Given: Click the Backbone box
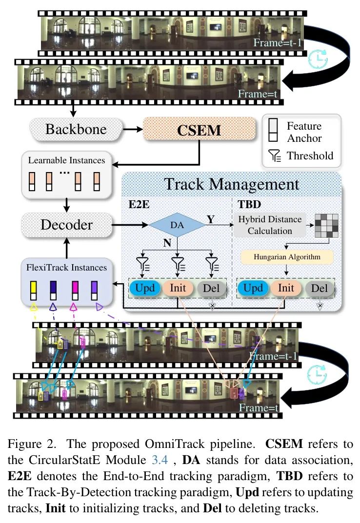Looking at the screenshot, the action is pyautogui.click(x=76, y=129).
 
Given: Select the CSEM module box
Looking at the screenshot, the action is pyautogui.click(x=200, y=130).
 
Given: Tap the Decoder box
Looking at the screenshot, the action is pyautogui.click(x=67, y=225).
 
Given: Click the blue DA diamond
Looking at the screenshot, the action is pyautogui.click(x=177, y=225).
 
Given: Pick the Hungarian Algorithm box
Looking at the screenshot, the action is pyautogui.click(x=287, y=257).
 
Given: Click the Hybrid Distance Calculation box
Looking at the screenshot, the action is pyautogui.click(x=270, y=225).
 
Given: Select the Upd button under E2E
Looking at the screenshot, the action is pyautogui.click(x=145, y=288).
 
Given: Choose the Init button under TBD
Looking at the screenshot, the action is pyautogui.click(x=286, y=288).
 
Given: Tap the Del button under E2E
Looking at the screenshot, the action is pyautogui.click(x=211, y=288).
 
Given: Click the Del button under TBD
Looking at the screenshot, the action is pyautogui.click(x=319, y=288).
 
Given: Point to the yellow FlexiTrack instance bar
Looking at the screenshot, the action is pyautogui.click(x=33, y=291).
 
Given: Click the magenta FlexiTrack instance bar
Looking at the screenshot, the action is pyautogui.click(x=75, y=291).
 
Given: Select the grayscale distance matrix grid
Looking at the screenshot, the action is pyautogui.click(x=326, y=226).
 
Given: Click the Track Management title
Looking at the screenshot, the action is pyautogui.click(x=231, y=184).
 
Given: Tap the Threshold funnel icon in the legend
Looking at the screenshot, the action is pyautogui.click(x=275, y=156).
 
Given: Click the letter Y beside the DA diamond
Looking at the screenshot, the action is pyautogui.click(x=210, y=219).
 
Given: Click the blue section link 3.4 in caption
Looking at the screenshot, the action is pyautogui.click(x=160, y=460).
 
